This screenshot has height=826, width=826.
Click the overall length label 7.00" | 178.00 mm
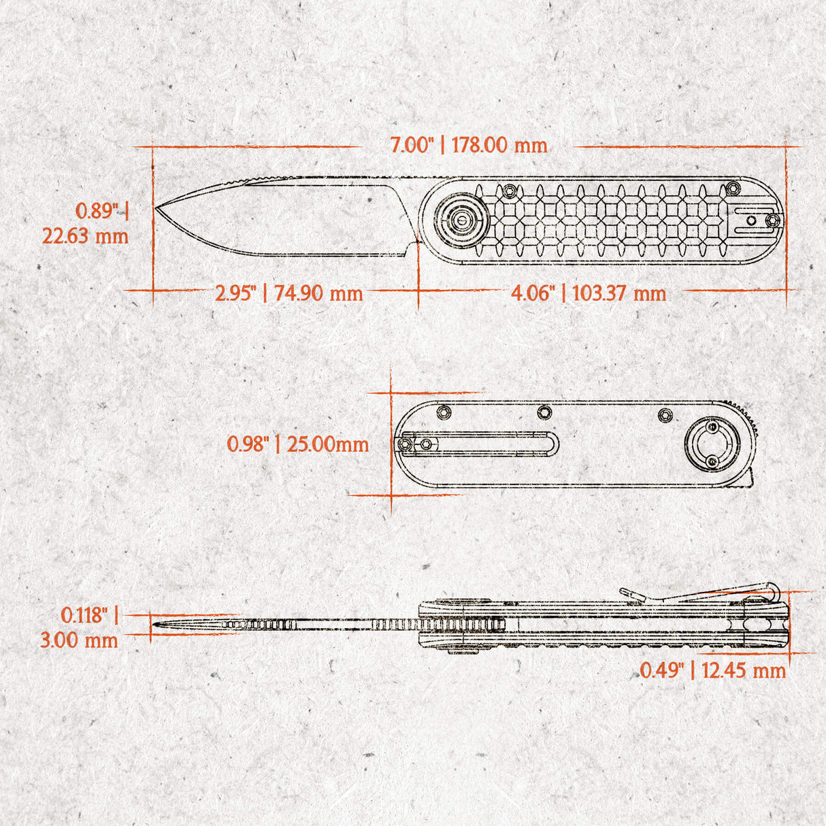click(468, 145)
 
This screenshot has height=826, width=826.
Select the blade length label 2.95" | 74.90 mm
click(289, 294)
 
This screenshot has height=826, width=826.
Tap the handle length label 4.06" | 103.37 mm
click(589, 294)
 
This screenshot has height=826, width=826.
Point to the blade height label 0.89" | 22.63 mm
click(86, 223)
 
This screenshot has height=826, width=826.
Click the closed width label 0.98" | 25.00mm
click(298, 445)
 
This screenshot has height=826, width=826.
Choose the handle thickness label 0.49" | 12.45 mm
click(712, 671)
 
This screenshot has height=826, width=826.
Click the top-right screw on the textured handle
click(731, 187)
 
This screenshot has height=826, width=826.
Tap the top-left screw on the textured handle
click(509, 189)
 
